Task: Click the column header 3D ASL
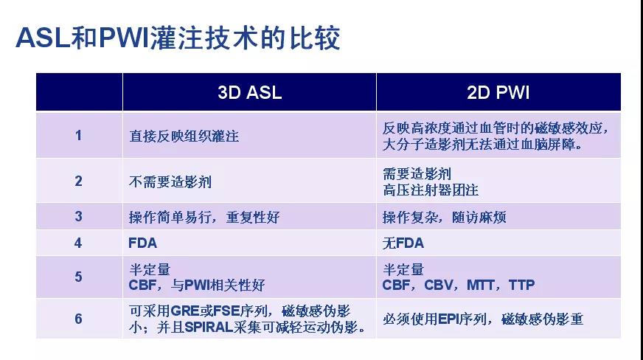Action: coord(250,92)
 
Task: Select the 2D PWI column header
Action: coord(498,92)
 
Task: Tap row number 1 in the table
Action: coord(78,135)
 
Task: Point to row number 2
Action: coord(78,181)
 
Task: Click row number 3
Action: coord(78,216)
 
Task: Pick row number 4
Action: coord(78,243)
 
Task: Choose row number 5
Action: coord(78,277)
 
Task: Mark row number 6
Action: coord(78,319)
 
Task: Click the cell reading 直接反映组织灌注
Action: coord(184,136)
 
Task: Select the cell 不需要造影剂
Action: coord(170,181)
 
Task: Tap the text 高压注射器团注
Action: coord(431,190)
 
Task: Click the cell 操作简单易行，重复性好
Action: coord(204,217)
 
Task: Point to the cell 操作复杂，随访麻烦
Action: coord(445,217)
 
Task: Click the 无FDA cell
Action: coord(403,243)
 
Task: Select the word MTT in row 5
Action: coord(480,285)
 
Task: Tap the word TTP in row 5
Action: coord(521,285)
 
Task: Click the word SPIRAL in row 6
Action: coord(209,328)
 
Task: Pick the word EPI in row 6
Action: coord(448,319)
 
